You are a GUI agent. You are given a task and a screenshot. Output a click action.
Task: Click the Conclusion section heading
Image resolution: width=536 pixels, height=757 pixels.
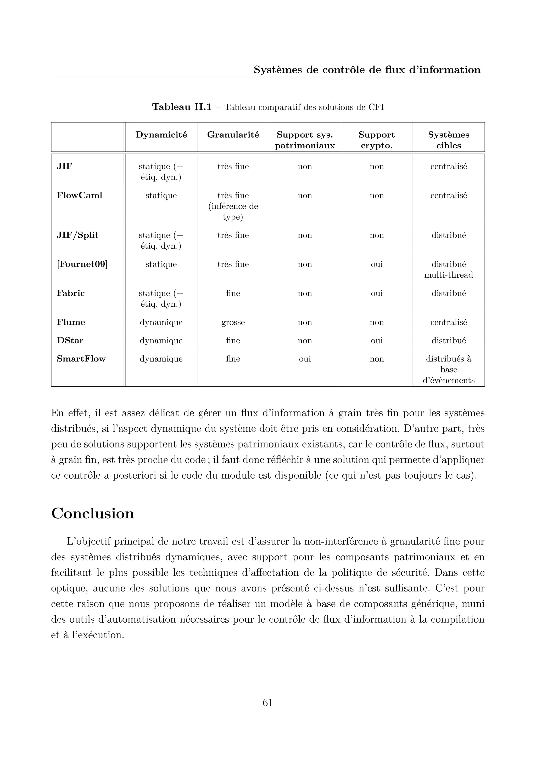point(93,514)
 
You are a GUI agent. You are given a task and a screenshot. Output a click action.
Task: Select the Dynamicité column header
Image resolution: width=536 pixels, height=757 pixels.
point(161,135)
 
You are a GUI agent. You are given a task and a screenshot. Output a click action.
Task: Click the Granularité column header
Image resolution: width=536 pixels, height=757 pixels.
point(233,135)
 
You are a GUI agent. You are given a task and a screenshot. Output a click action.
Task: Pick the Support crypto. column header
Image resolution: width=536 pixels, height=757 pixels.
point(377,140)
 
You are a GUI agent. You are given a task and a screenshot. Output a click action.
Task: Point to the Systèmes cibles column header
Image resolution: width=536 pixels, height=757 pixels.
point(449,140)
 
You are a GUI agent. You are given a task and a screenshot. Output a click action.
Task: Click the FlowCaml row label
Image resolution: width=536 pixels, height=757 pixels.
point(80,195)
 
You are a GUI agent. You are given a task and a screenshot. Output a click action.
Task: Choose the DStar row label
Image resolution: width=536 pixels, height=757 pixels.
point(70,341)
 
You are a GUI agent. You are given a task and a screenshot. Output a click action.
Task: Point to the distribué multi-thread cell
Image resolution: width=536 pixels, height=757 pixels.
point(449,269)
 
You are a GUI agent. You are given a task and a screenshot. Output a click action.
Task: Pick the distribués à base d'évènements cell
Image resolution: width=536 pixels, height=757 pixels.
point(449,369)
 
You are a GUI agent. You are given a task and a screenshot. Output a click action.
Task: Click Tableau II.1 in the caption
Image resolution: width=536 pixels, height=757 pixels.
point(182,107)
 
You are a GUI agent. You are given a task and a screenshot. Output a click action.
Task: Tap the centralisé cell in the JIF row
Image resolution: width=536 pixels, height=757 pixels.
point(449,166)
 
